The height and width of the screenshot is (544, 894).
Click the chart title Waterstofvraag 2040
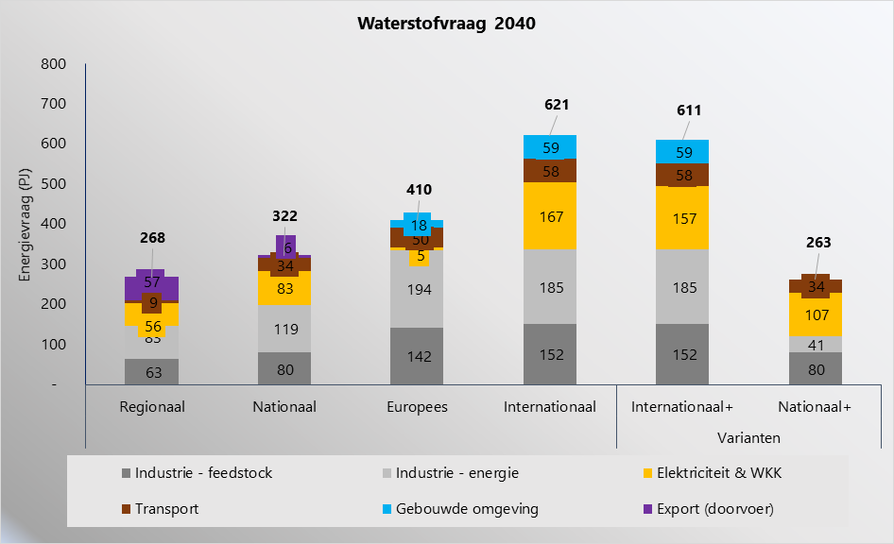[x=446, y=25]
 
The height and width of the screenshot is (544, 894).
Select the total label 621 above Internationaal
[x=557, y=105]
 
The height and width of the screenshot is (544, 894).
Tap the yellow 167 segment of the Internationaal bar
[x=549, y=216]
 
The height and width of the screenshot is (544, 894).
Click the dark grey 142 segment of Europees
[x=417, y=356]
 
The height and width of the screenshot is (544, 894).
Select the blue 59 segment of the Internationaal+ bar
[x=682, y=151]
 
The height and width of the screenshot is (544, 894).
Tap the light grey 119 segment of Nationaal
[x=284, y=329]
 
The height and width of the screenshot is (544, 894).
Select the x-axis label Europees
[x=417, y=407]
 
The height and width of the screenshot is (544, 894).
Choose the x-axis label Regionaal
[x=152, y=407]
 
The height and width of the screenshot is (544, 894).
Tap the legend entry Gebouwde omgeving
[x=478, y=508]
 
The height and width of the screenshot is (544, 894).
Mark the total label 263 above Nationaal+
[x=818, y=243]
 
